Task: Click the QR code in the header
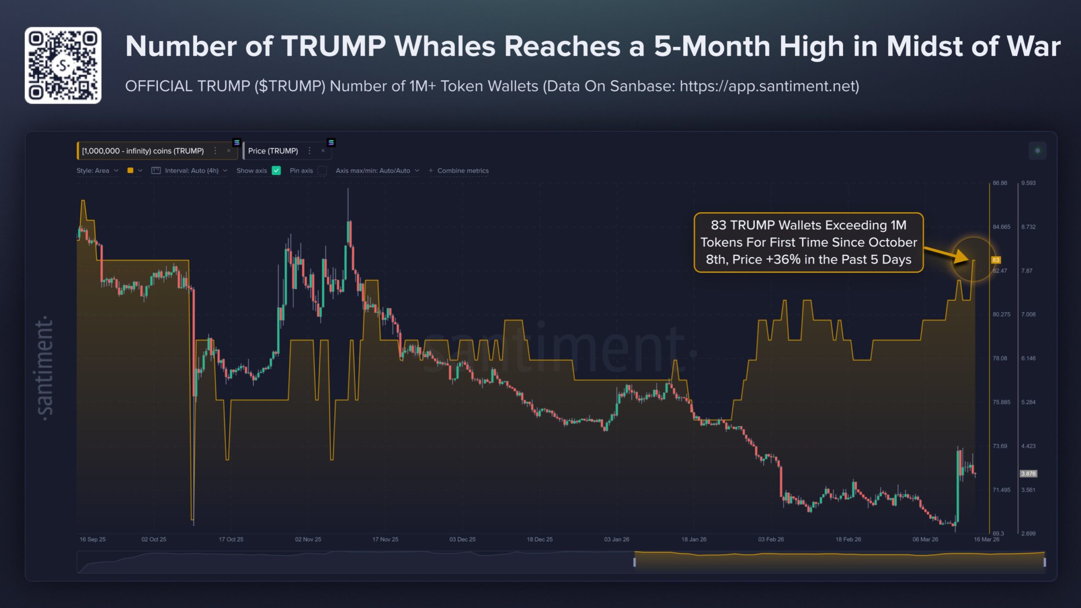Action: [x=63, y=65]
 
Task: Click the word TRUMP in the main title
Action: [x=334, y=46]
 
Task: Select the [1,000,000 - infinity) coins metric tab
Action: [x=143, y=151]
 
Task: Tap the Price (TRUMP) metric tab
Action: [x=273, y=151]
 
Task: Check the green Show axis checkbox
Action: [x=277, y=171]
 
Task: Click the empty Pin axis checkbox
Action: [x=322, y=171]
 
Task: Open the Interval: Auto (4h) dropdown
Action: [x=191, y=171]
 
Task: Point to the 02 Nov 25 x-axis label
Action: [x=308, y=539]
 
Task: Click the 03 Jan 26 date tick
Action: [x=617, y=539]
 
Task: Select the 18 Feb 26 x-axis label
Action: [x=848, y=539]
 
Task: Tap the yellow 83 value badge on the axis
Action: [x=996, y=260]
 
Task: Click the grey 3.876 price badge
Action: [x=1028, y=473]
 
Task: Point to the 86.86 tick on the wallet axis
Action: [x=1000, y=183]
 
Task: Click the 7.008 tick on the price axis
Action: [x=1028, y=314]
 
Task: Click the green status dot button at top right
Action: [x=1038, y=151]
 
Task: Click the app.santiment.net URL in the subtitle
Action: [x=769, y=86]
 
